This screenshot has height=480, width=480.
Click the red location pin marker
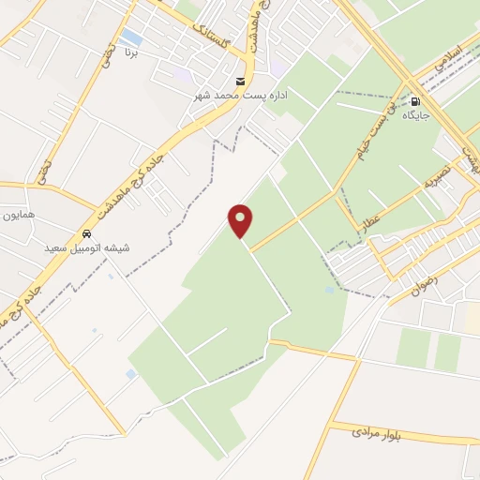coord(241,220)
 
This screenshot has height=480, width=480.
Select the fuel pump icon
coord(414,101)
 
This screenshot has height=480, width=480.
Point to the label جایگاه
coord(415,116)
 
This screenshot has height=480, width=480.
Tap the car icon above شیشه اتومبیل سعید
coord(86,233)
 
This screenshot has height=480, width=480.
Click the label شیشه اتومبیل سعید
coord(87,248)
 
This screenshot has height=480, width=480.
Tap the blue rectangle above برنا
coord(132,37)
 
